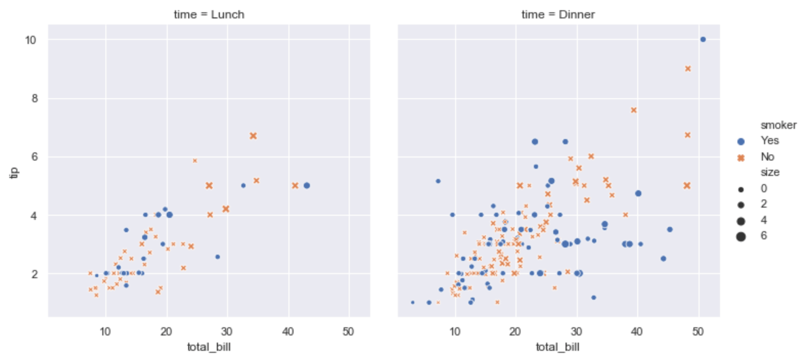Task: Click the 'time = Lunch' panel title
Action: [x=209, y=14]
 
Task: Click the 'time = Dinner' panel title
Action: [x=558, y=14]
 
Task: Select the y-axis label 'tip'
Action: [x=14, y=172]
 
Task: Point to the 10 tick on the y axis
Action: [x=31, y=40]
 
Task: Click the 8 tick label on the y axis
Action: [x=34, y=98]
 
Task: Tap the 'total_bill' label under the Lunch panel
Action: [x=209, y=347]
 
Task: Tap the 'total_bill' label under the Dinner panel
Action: [x=557, y=347]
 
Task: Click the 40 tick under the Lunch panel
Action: [x=288, y=331]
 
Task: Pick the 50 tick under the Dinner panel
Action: [x=698, y=331]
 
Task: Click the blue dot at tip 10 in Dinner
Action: [x=703, y=39]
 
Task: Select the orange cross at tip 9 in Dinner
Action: [x=688, y=69]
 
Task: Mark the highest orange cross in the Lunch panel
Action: [x=253, y=136]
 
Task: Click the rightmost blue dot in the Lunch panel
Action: [x=306, y=186]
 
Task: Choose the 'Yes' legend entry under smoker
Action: [x=769, y=141]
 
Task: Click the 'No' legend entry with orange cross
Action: [x=767, y=156]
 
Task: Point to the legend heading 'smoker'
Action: [x=778, y=125]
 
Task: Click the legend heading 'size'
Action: [x=769, y=172]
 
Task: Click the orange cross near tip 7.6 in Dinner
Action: [x=634, y=110]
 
